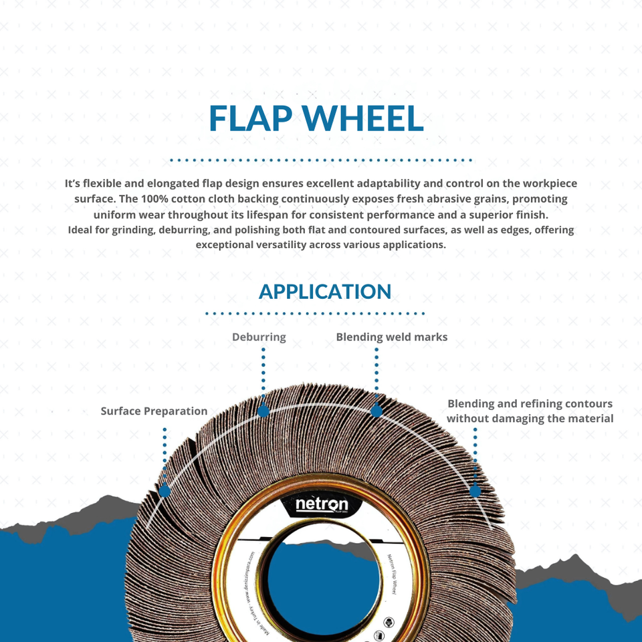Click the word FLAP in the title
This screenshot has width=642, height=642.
[x=253, y=118]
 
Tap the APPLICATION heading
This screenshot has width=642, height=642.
[x=325, y=292]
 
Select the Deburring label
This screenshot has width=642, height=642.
[x=259, y=337]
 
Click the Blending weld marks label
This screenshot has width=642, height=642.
[x=391, y=337]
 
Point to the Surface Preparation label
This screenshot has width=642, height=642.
[x=154, y=411]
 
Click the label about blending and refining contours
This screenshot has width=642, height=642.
[x=530, y=411]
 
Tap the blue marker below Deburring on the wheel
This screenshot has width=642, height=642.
[x=263, y=410]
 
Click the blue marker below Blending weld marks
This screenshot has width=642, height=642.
[x=377, y=410]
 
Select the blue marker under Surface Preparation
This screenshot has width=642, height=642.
[x=164, y=491]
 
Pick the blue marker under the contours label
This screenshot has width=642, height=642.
[x=475, y=491]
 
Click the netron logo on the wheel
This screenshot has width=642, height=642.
[x=322, y=504]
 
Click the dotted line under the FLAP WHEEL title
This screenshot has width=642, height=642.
[x=321, y=160]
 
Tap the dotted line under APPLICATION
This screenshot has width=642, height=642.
[x=315, y=313]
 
